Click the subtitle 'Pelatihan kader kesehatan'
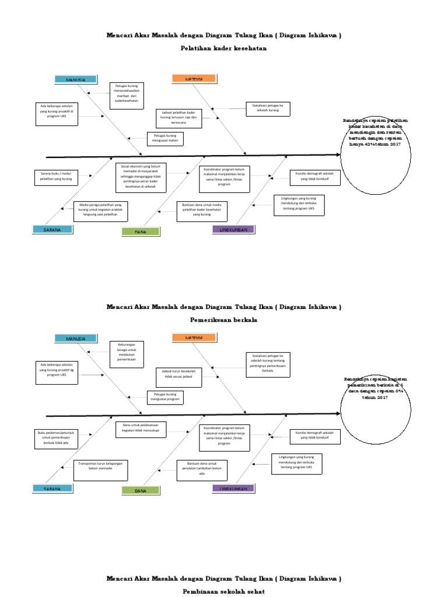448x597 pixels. click(x=223, y=48)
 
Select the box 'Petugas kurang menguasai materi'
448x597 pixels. click(x=164, y=139)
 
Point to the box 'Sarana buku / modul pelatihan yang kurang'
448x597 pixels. click(x=56, y=177)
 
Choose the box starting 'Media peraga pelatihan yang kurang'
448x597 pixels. click(x=101, y=210)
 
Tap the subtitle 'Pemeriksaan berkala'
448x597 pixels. click(x=223, y=320)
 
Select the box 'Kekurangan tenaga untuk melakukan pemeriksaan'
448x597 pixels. click(x=127, y=354)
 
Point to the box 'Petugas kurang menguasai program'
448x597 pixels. click(x=164, y=397)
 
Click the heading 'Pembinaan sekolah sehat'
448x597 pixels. click(x=223, y=591)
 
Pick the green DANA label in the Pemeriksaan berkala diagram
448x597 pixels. click(x=141, y=491)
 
